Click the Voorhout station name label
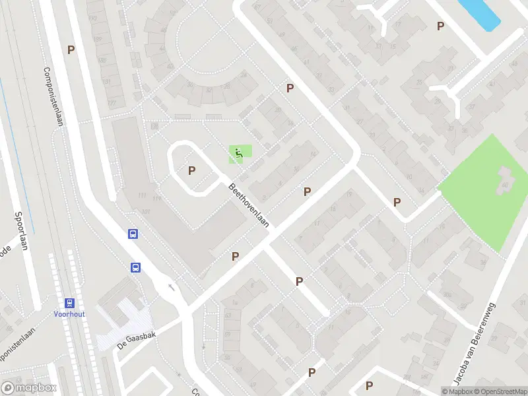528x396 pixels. [x=69, y=315]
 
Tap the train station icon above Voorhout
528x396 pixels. [x=69, y=303]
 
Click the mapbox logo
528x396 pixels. [x=29, y=388]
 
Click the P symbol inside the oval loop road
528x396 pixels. [x=192, y=170]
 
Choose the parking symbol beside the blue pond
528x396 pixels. [x=441, y=26]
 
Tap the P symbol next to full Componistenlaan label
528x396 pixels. [x=70, y=49]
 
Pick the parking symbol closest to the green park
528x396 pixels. [x=397, y=202]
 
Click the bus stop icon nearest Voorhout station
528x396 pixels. [x=135, y=267]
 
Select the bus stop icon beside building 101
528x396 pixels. [x=133, y=234]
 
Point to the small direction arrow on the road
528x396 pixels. [x=172, y=286]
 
